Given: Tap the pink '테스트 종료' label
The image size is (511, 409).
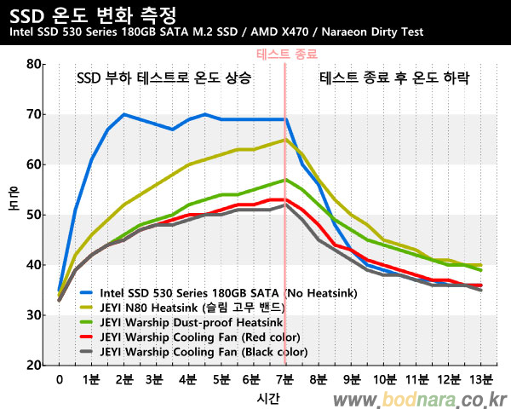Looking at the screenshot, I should (x=284, y=53).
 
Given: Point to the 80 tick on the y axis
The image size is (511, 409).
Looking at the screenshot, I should (x=34, y=64).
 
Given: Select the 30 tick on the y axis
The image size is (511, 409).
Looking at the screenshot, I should (x=34, y=315).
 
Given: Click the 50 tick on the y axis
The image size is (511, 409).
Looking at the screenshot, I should (x=34, y=215).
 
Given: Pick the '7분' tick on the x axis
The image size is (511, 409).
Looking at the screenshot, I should (x=284, y=379).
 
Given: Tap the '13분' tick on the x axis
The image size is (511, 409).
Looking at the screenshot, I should (x=479, y=379).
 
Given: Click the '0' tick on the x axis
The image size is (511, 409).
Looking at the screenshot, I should (x=59, y=379).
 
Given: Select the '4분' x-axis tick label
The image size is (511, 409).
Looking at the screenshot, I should (x=187, y=379).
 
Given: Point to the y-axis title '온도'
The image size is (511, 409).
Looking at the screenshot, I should (x=14, y=215).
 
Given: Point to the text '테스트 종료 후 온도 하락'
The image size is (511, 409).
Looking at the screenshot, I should (x=394, y=78).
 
